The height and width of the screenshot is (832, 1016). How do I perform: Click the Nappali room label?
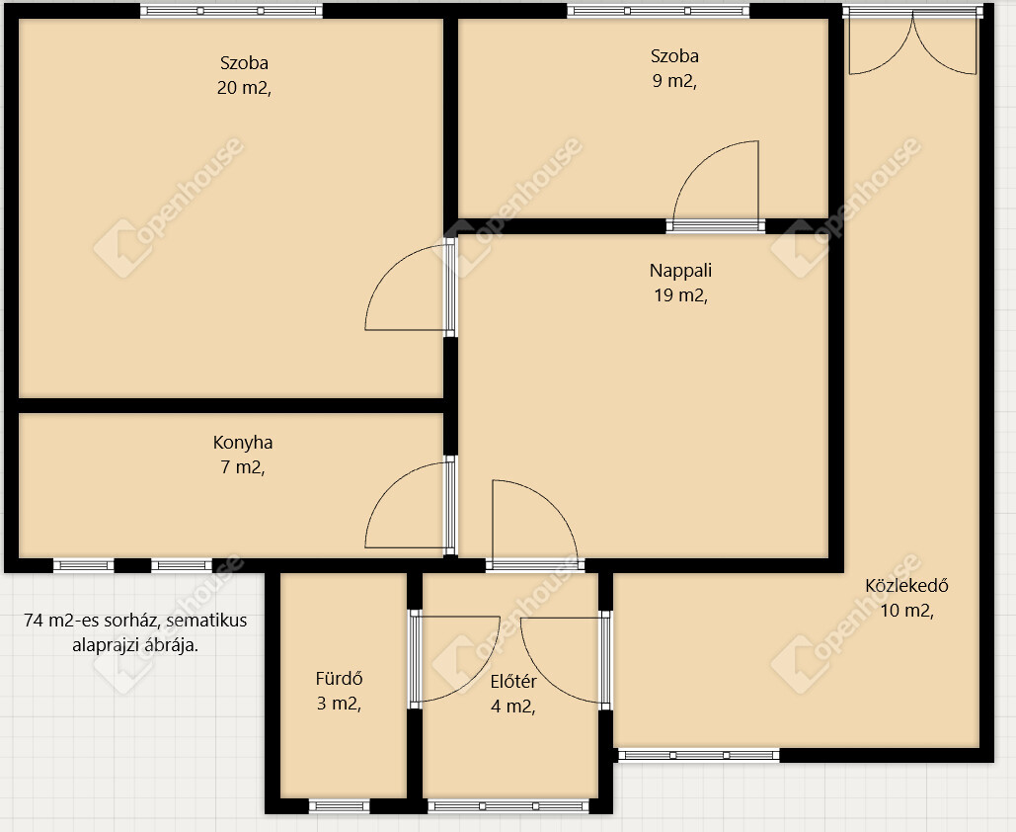[x=680, y=271]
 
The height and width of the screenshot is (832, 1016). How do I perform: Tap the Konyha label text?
[x=243, y=443]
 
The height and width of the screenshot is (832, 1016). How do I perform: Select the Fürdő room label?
[x=339, y=678]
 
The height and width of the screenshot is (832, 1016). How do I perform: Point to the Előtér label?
[x=513, y=682]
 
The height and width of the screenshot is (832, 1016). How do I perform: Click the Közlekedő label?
[x=906, y=586]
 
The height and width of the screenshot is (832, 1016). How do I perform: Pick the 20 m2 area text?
[x=244, y=88]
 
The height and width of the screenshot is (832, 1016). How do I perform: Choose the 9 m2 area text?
[x=674, y=81]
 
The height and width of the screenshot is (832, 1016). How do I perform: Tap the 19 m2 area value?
[x=680, y=295]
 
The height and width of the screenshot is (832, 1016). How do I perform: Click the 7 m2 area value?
[x=243, y=467]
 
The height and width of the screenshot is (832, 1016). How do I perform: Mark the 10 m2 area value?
[x=906, y=611]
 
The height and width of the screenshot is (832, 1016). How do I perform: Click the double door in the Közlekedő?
[x=913, y=42]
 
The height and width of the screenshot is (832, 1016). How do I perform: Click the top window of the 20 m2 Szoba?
[x=231, y=11]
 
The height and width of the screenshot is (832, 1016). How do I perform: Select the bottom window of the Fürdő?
[x=339, y=806]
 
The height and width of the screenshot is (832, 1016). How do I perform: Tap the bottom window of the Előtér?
[x=508, y=806]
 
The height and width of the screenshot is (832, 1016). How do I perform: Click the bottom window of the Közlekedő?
[x=698, y=756]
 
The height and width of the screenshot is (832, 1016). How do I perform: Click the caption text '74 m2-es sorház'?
[x=93, y=621]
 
